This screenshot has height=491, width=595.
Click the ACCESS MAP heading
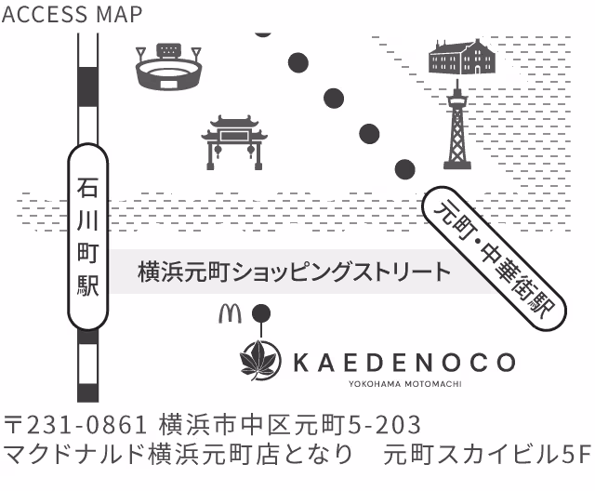click(x=73, y=14)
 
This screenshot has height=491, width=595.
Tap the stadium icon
click(x=168, y=66)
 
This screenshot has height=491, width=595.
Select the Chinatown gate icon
click(x=234, y=141)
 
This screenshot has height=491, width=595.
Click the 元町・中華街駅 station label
click(x=493, y=260)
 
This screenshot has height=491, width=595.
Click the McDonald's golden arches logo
click(x=229, y=313)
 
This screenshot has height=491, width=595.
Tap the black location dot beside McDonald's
click(x=262, y=313)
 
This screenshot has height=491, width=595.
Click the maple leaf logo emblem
click(x=260, y=362)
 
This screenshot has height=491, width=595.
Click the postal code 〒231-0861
click(x=76, y=426)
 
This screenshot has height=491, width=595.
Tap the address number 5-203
click(x=384, y=426)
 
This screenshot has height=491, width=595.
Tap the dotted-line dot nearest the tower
click(x=404, y=169)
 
